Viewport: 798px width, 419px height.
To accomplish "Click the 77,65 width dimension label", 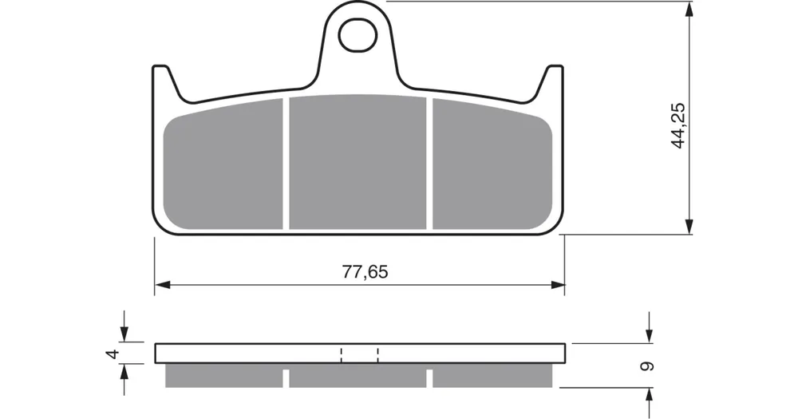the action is tap(365, 272).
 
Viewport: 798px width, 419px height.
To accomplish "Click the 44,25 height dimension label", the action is tap(678, 125).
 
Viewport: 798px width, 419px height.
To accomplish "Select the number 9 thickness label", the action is tap(647, 366).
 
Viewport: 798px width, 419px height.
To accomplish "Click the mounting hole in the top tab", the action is tap(358, 35).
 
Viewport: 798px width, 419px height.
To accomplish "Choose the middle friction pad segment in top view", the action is tap(358, 162).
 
